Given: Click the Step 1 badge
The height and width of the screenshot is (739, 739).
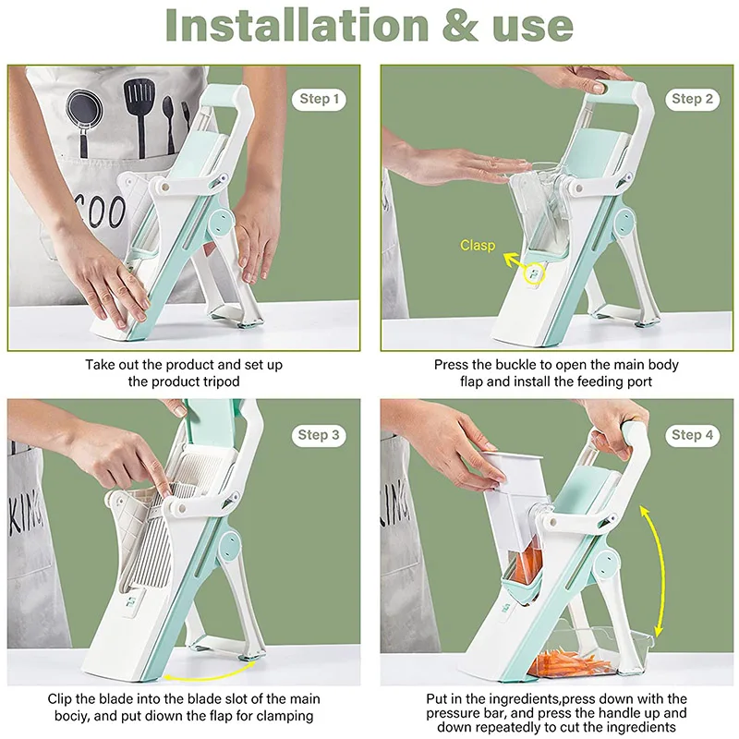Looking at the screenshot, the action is click(319, 100).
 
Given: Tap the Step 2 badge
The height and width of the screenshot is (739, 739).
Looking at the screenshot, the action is click(692, 100).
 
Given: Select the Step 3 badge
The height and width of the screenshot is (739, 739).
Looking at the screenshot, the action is click(319, 435).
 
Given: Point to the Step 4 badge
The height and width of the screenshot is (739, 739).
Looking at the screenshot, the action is click(692, 435).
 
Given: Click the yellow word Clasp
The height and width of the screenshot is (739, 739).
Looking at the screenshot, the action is click(478, 245).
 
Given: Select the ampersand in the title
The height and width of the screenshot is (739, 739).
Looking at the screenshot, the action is click(460, 26).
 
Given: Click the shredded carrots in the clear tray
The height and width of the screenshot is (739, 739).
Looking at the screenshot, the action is click(570, 662).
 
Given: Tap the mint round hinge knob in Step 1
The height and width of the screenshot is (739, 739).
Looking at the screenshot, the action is click(221, 223).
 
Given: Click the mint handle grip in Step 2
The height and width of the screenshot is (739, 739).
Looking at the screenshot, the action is click(614, 89).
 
